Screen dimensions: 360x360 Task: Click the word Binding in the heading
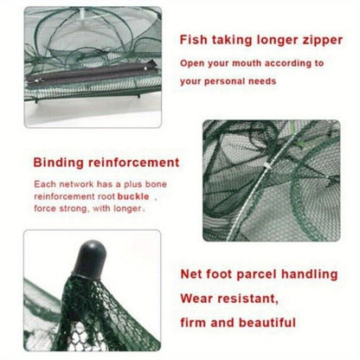[x=59, y=163]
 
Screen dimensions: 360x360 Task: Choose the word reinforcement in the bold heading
[x=133, y=163]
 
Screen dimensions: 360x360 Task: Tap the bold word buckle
[x=133, y=196]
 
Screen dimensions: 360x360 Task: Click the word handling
[x=310, y=274]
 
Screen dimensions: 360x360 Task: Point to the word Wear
[x=197, y=299]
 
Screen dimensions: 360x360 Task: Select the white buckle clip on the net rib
[x=267, y=166]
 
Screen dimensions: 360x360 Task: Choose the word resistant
[x=247, y=299]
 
